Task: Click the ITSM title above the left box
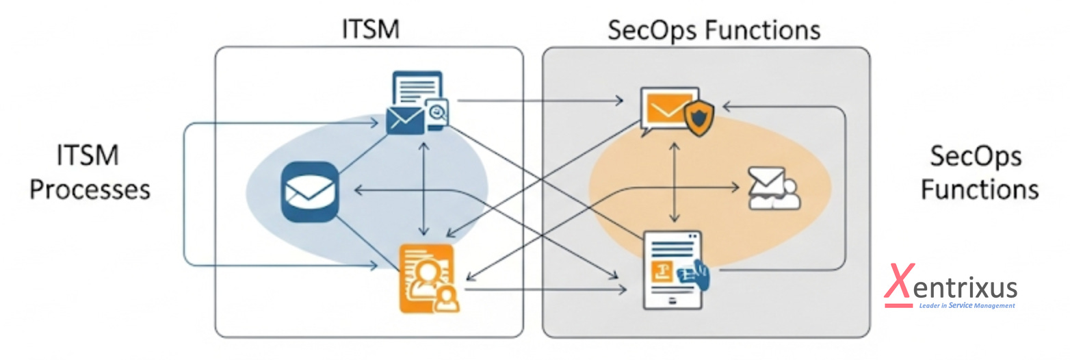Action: point(370,29)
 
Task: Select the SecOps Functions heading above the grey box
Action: point(714,30)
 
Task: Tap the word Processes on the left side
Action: point(90,189)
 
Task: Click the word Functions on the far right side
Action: point(979,189)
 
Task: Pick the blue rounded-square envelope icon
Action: point(311,192)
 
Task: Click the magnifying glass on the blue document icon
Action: point(436,111)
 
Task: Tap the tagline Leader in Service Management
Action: point(966,305)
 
